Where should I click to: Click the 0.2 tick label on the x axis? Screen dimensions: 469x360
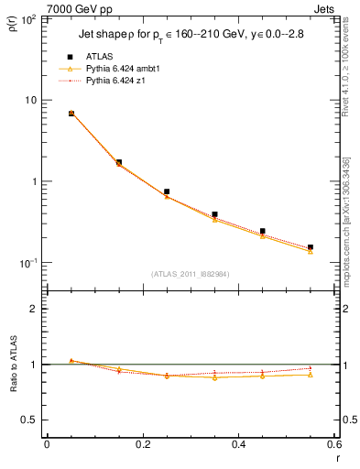pyautogui.click(x=143, y=444)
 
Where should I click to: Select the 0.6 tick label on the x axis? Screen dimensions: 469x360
pyautogui.click(x=333, y=444)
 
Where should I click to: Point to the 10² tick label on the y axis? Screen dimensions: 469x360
pyautogui.click(x=28, y=19)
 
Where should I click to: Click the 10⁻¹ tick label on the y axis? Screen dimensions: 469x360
pyautogui.click(x=28, y=263)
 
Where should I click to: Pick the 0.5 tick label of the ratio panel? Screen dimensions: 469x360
pyautogui.click(x=30, y=420)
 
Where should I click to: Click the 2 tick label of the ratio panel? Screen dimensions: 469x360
pyautogui.click(x=34, y=309)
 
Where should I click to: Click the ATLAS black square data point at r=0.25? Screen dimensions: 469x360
pyautogui.click(x=167, y=191)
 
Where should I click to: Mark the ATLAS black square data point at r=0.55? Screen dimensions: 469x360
pyautogui.click(x=311, y=247)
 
